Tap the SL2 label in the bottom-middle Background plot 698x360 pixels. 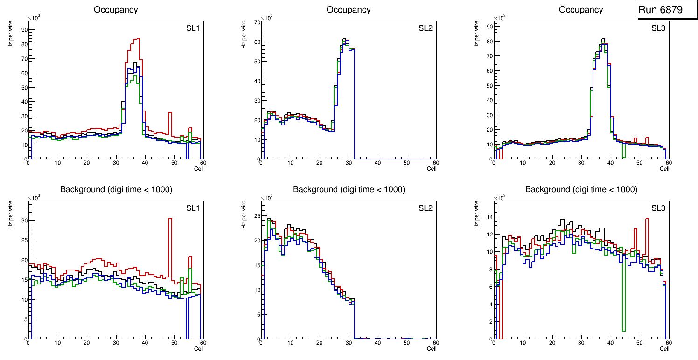(x=426, y=208)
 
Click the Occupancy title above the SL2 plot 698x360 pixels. (x=349, y=10)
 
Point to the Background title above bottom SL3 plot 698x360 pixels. (x=581, y=189)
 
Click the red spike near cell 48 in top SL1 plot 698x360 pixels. (x=170, y=113)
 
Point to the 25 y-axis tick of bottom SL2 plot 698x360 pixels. (x=256, y=216)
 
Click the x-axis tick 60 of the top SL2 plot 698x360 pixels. (x=436, y=163)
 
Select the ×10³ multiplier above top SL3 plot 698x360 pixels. (x=499, y=18)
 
